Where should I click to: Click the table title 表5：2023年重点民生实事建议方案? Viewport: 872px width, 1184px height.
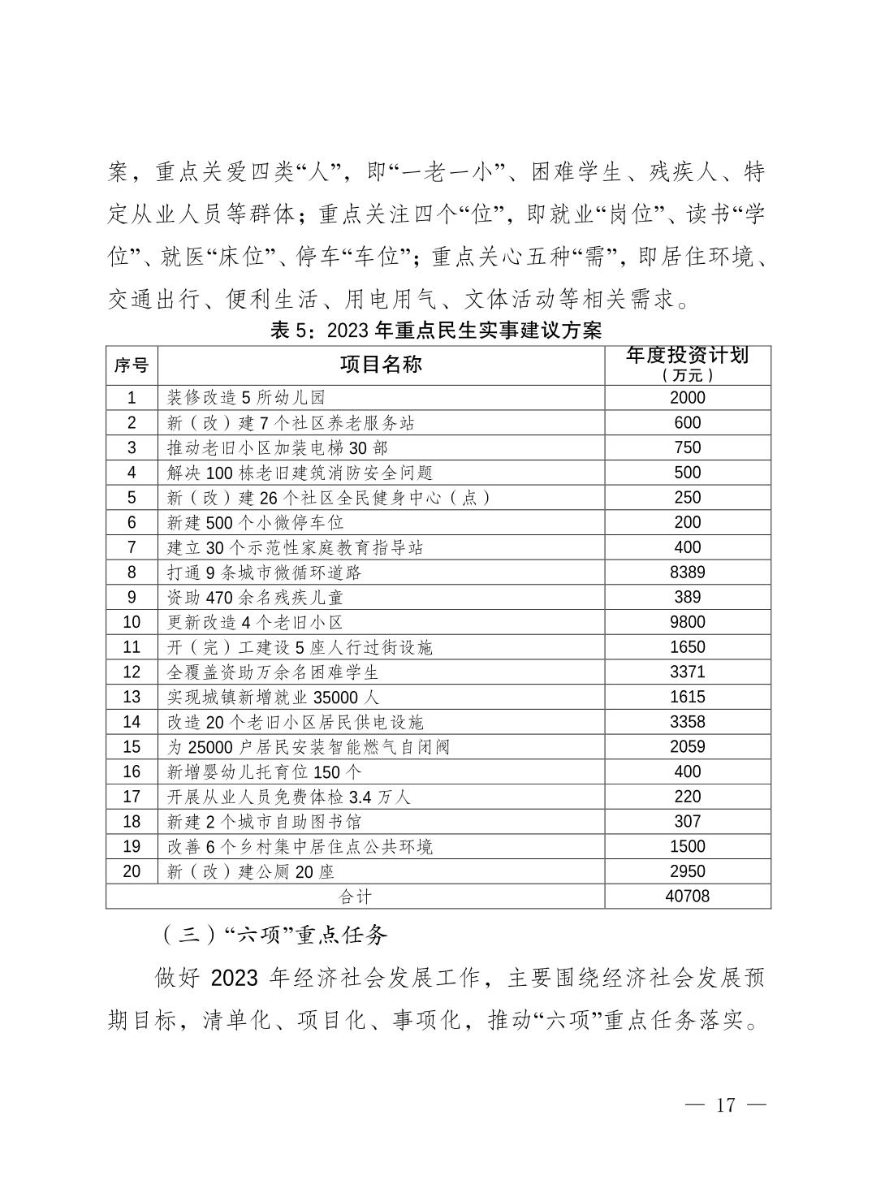(x=436, y=331)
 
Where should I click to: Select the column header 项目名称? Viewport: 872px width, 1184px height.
(x=381, y=365)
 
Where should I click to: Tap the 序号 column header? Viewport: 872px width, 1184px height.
(x=132, y=365)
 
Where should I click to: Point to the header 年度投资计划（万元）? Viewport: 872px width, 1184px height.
(x=687, y=365)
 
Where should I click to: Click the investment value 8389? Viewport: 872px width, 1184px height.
(x=687, y=573)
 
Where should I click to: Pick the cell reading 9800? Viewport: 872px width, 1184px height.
(x=687, y=622)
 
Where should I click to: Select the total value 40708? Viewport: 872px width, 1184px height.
(x=687, y=896)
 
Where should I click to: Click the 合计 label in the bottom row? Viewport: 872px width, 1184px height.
(x=355, y=897)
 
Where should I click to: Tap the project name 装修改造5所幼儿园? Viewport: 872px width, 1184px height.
(x=246, y=398)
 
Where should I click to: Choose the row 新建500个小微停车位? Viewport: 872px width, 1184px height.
(x=255, y=523)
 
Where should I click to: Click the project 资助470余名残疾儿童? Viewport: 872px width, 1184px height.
(x=255, y=598)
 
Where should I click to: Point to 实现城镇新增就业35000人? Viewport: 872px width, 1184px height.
(x=273, y=698)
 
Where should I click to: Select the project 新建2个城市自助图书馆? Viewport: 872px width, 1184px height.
(x=263, y=822)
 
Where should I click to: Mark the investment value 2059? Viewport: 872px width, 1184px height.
(x=687, y=747)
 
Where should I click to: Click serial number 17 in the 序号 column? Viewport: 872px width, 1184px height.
(x=132, y=797)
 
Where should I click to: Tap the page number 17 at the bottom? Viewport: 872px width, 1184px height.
(x=725, y=1105)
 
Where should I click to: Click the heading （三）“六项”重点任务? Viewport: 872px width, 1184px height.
(x=272, y=935)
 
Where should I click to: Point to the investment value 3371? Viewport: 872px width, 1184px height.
(x=687, y=672)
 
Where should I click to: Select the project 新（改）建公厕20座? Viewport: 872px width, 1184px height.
(x=250, y=872)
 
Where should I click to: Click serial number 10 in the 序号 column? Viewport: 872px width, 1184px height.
(x=132, y=622)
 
